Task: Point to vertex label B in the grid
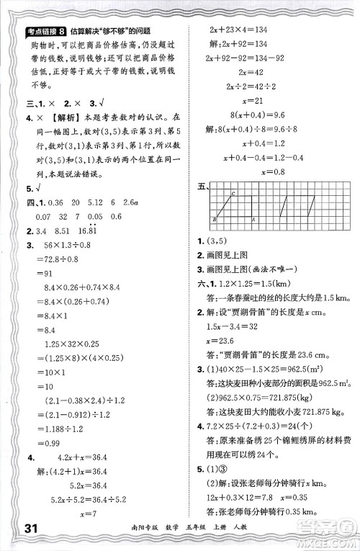[x=215, y=218]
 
